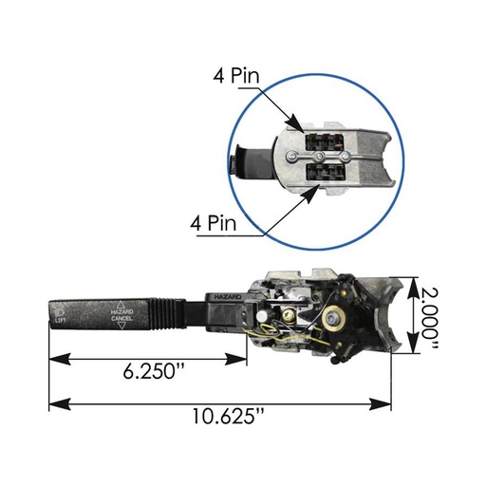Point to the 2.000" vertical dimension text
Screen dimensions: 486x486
[430, 320]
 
